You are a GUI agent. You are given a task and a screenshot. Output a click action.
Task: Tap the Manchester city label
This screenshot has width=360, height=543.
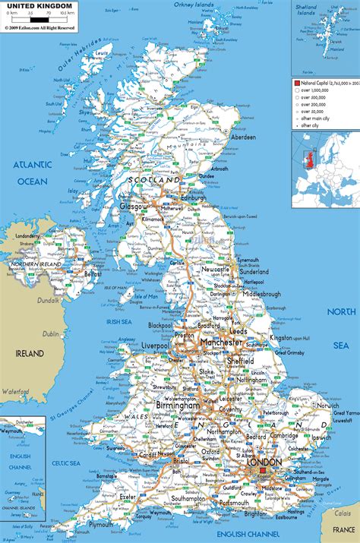pos(220,343)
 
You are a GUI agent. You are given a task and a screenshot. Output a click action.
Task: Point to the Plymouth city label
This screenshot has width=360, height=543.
pos(122,524)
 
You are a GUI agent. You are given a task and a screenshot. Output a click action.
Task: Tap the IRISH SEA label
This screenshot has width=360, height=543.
pos(120,322)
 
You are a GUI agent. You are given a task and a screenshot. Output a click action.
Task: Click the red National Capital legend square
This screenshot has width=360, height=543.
pos(298,81)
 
